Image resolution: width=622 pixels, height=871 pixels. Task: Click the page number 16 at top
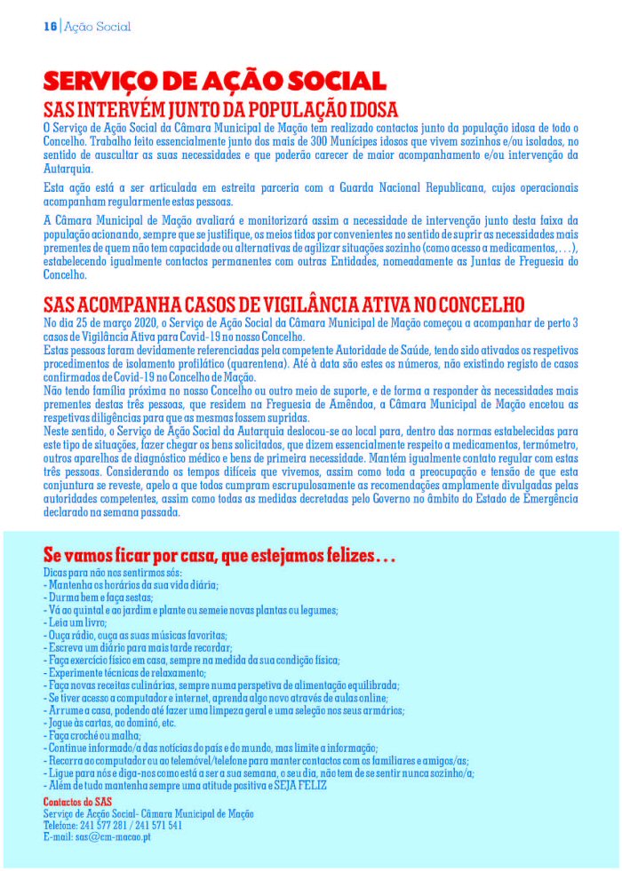[51, 27]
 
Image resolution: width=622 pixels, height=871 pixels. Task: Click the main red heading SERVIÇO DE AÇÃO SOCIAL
[215, 82]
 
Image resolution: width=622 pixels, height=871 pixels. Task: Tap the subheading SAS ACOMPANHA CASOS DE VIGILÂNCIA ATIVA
[283, 304]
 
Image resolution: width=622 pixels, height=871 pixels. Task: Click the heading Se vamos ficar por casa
[219, 558]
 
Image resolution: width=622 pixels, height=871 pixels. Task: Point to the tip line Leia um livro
[75, 623]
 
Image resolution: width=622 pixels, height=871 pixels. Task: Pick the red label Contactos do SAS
[76, 802]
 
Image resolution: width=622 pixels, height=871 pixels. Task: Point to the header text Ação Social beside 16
[98, 27]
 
